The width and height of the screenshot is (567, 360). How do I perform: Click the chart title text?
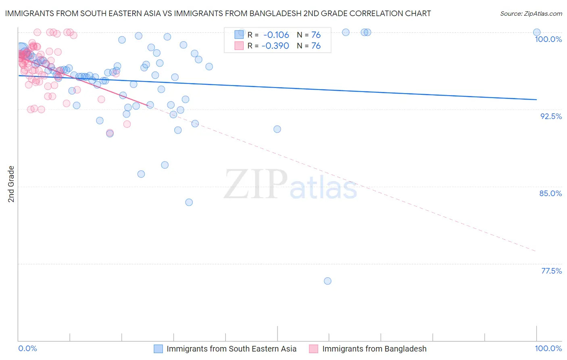point(218,13)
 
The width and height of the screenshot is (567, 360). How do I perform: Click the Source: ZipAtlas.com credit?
point(531,13)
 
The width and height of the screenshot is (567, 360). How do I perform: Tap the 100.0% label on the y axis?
point(548,39)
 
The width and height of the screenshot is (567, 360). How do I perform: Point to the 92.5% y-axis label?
point(551,116)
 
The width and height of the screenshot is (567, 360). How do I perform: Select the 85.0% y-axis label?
point(550,193)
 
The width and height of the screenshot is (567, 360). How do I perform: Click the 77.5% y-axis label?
point(551,271)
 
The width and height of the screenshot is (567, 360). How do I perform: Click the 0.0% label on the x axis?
point(28,348)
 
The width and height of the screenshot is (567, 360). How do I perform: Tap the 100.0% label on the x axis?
point(548,348)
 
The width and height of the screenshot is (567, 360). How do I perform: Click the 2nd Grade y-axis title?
point(11,184)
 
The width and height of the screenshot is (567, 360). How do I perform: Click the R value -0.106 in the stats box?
point(276,35)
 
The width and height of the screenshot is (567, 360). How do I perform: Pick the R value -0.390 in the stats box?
point(276,46)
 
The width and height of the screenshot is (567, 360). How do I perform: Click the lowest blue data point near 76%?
point(327,281)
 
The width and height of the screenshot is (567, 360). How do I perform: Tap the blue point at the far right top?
point(536,32)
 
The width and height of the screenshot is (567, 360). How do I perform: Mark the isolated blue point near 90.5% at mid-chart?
point(277,129)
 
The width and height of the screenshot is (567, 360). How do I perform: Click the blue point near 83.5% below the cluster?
point(189,202)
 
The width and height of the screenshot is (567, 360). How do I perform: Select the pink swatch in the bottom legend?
point(313,349)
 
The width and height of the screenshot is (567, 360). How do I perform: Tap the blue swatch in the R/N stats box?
point(239,35)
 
